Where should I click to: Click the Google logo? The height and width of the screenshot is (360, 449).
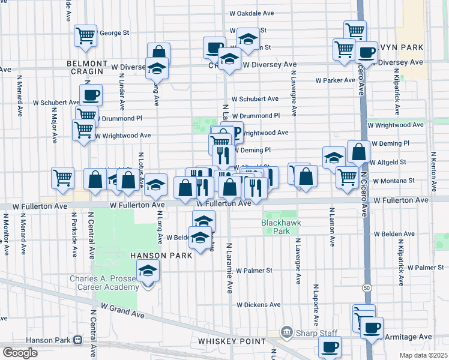(20, 353)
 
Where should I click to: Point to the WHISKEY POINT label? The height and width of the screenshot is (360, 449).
(232, 341)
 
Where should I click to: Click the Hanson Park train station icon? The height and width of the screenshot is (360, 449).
(78, 340)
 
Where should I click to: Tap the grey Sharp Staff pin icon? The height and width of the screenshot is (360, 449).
(287, 332)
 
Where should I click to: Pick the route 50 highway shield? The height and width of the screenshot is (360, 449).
(366, 288)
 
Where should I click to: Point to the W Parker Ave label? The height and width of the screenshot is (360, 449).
(336, 80)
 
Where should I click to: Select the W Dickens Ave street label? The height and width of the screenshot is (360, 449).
(258, 305)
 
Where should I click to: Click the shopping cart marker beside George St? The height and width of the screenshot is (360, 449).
(86, 35)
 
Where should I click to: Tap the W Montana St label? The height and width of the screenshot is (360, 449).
(394, 180)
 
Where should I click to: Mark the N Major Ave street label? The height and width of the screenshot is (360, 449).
(54, 125)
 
